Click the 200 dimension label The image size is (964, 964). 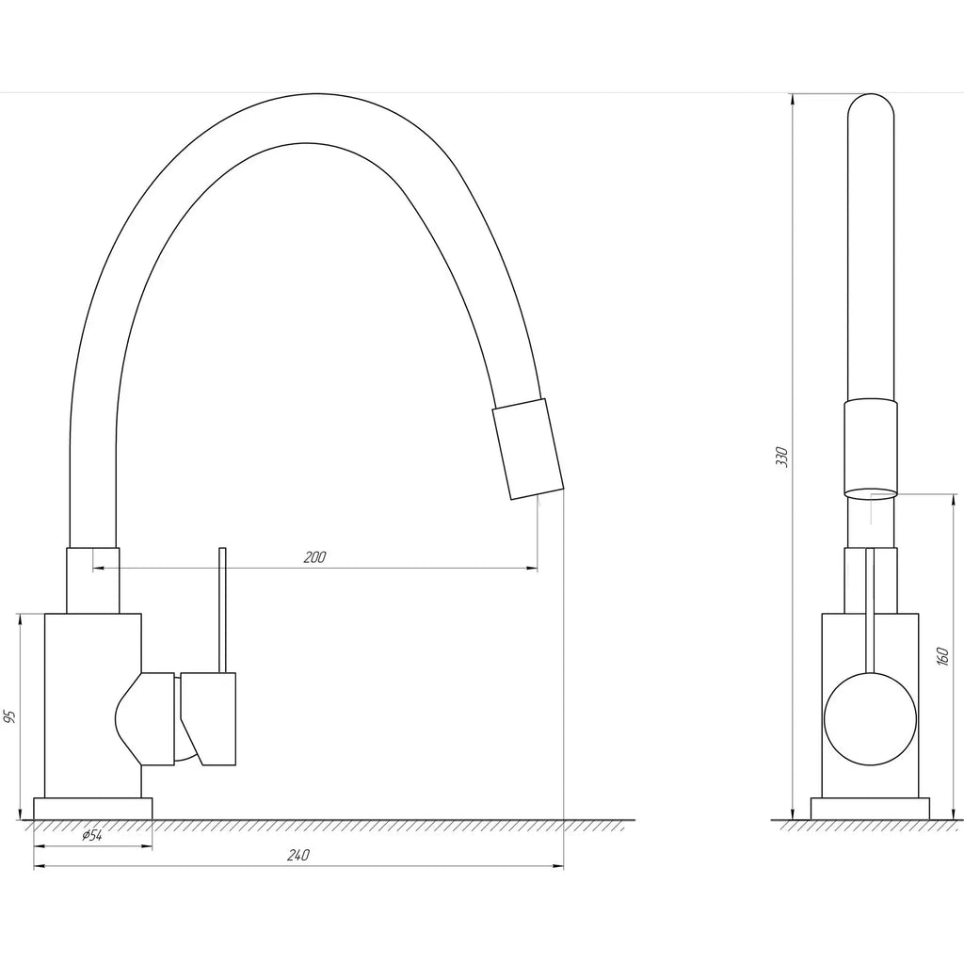point(314,557)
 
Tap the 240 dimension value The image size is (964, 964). point(298,855)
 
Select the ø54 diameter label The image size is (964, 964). point(92,836)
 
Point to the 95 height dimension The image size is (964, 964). point(8,716)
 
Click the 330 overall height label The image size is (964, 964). point(781,457)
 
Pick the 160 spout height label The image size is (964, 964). point(944,657)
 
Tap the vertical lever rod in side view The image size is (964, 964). point(223,610)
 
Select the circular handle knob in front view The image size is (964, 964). point(870,718)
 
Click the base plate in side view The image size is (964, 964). point(93,809)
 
